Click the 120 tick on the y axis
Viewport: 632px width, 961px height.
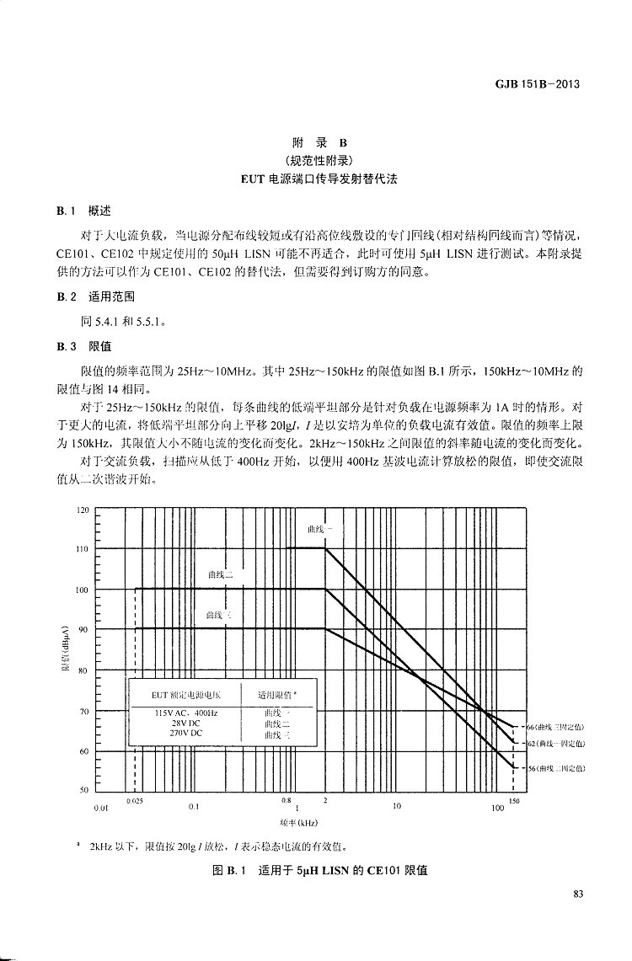[83, 510]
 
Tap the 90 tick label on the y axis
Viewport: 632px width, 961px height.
[83, 629]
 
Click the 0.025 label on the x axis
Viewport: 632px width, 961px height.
[134, 801]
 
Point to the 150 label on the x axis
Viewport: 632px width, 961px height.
[514, 801]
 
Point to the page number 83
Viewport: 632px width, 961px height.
[578, 894]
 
